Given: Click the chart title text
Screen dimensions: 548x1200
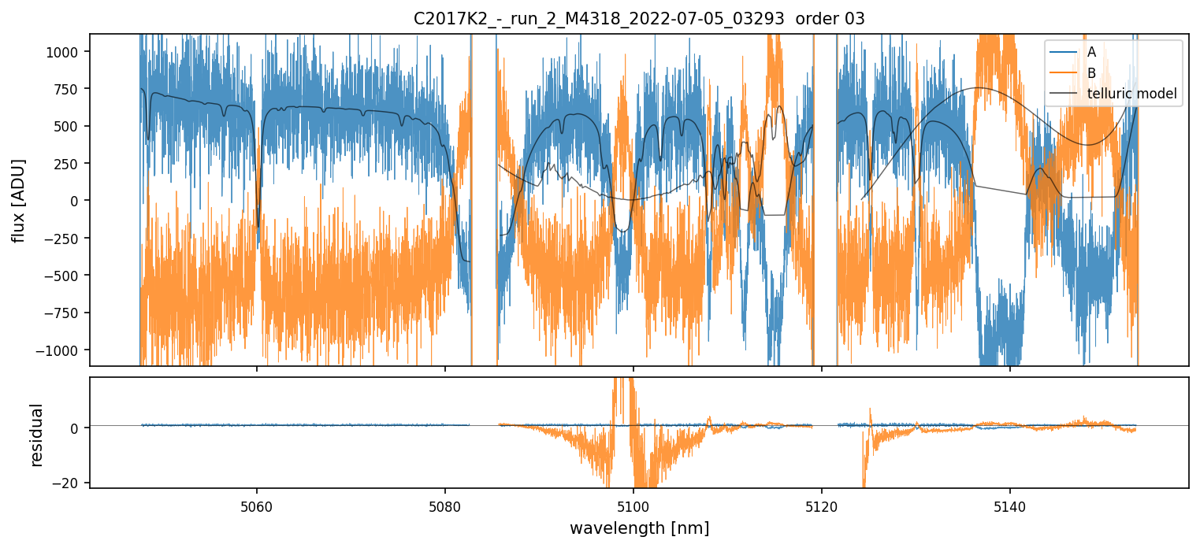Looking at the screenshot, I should coord(639,19).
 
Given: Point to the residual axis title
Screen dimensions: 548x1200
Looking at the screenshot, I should coord(36,435).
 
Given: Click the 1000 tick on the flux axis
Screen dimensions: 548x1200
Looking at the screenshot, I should coord(65,52).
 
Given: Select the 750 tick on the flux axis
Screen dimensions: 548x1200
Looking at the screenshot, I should coord(69,89).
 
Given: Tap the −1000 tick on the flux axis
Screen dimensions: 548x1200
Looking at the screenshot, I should coord(61,350).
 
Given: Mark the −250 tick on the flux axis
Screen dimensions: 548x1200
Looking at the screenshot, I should coord(65,238).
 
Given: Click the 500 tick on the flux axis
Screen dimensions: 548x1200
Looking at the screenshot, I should coord(69,126).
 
